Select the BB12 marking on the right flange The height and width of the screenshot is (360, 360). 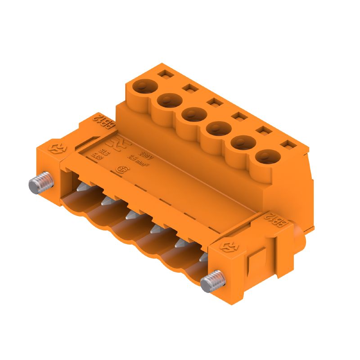(x=276, y=221)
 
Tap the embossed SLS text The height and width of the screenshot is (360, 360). (x=103, y=150)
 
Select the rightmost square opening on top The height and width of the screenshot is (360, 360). (x=286, y=145)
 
